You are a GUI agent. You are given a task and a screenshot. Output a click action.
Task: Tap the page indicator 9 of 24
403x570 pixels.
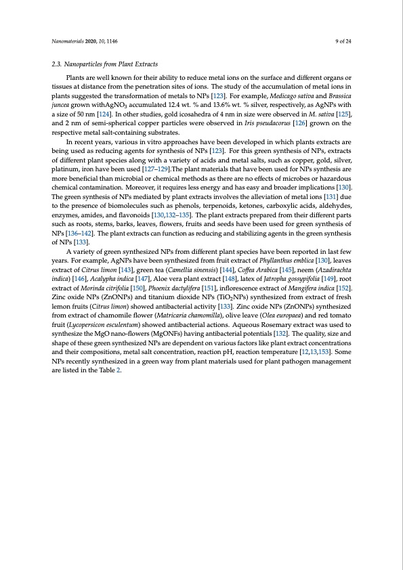(343, 41)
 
